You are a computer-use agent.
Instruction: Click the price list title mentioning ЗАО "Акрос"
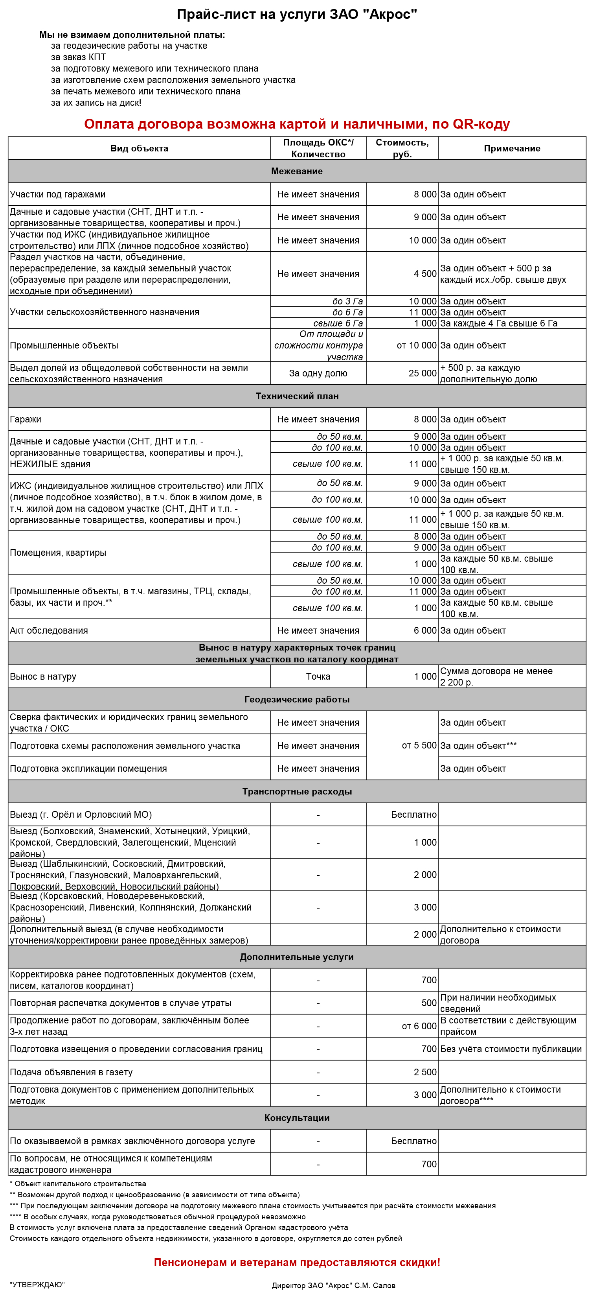(297, 15)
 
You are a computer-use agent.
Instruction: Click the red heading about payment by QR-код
(297, 124)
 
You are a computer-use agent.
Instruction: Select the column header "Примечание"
(512, 148)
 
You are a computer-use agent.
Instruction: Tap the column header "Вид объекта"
(139, 148)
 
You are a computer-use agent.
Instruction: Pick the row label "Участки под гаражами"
(58, 194)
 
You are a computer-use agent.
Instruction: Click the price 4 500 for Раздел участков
(425, 274)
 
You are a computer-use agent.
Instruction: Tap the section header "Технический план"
(297, 396)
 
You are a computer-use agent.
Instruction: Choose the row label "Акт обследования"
(49, 631)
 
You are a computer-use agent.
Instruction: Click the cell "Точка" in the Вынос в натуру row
(318, 676)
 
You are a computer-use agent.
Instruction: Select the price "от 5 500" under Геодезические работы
(419, 745)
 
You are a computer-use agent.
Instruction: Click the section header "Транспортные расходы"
(297, 792)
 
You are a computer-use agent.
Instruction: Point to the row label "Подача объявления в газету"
(71, 1073)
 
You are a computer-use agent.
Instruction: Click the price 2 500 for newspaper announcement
(425, 1073)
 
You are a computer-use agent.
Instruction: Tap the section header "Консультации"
(297, 1118)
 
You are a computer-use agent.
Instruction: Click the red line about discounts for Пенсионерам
(297, 1263)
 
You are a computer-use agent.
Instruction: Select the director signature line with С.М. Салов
(333, 1285)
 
